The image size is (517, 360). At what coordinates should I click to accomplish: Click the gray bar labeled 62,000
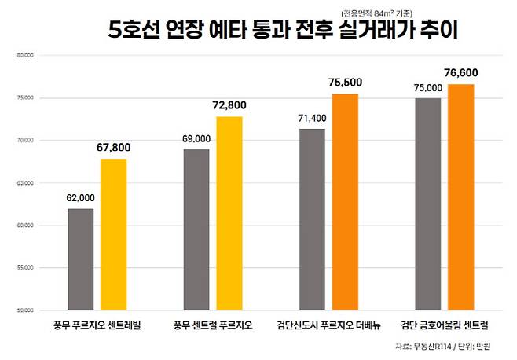81,259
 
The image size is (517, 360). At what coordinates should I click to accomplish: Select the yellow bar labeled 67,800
113,234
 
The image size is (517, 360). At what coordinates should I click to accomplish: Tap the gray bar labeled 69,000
196,230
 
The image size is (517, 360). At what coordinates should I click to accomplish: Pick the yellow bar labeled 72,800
229,213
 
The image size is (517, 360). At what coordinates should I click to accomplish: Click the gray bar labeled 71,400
312,219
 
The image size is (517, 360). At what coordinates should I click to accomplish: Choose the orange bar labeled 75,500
344,202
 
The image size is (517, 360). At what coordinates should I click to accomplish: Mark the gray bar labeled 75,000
427,204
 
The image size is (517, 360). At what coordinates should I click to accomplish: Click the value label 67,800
114,147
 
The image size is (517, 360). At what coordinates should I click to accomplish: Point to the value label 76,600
461,72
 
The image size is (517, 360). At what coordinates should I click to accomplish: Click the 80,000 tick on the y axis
25,56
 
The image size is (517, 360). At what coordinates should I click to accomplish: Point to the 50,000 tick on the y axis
25,310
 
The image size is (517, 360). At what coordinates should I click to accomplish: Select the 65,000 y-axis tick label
25,183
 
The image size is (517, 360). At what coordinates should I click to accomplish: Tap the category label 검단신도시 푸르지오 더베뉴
328,325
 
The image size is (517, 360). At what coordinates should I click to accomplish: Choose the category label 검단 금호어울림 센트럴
444,325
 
